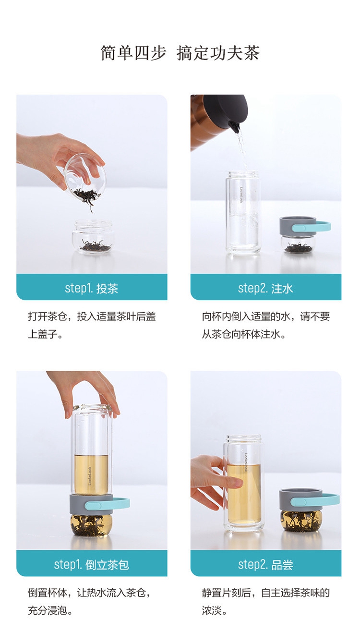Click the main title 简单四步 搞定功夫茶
click(180, 53)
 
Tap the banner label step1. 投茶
click(92, 288)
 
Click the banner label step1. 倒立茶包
click(92, 565)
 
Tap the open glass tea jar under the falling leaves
click(93, 237)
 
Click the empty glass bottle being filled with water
click(243, 212)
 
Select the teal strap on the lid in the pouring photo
click(312, 227)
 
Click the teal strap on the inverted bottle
click(107, 503)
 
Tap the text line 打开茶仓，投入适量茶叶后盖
click(92, 316)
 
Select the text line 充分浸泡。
click(50, 611)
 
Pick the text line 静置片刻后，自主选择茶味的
click(266, 593)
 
